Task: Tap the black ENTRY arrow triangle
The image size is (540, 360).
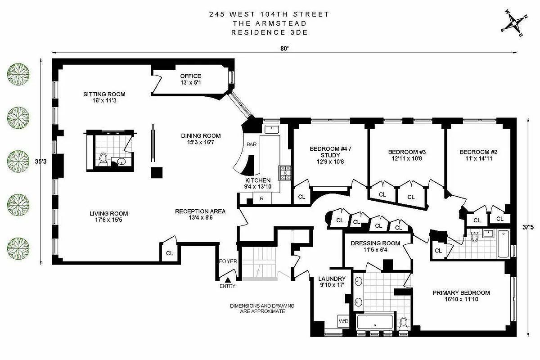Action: tap(227, 280)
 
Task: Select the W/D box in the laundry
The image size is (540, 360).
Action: tap(343, 321)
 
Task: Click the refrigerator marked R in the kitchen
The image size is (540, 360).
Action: tap(261, 198)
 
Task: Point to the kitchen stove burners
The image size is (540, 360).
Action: tap(285, 172)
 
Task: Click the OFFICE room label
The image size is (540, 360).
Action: tap(191, 76)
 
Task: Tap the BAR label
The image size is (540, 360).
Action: tap(251, 145)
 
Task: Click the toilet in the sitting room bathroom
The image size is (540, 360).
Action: tap(103, 159)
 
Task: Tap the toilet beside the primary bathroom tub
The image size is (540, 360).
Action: tap(403, 322)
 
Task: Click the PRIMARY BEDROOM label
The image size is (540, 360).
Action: tap(461, 293)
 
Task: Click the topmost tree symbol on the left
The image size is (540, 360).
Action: tap(18, 74)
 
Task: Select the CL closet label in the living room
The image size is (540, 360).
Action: tap(169, 253)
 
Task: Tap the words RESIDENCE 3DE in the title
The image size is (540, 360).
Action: tap(269, 32)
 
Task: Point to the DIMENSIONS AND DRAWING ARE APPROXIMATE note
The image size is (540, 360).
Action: tap(262, 308)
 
